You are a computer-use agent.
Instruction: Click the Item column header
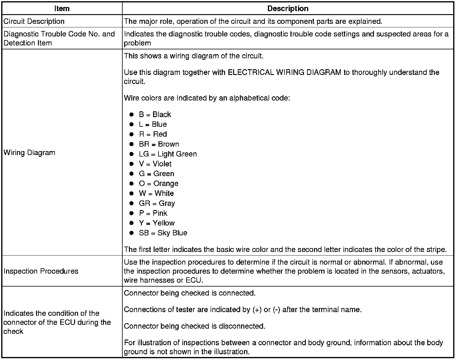click(62, 8)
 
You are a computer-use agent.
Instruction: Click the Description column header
click(288, 8)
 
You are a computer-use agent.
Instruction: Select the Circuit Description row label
click(34, 21)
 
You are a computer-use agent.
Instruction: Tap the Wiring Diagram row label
click(30, 153)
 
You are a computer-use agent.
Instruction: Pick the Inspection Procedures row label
click(41, 271)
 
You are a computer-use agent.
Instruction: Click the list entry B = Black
click(155, 114)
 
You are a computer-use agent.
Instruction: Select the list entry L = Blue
click(153, 124)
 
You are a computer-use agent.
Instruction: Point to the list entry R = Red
click(153, 134)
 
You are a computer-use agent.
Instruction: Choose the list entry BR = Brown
click(159, 144)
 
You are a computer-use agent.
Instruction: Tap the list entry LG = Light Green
click(168, 154)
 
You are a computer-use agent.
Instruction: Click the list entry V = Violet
click(155, 164)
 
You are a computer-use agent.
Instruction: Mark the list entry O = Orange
click(158, 184)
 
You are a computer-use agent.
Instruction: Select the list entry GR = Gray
click(157, 203)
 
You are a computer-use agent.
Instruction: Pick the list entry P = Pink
click(153, 213)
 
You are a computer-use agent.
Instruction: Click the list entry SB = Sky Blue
click(163, 233)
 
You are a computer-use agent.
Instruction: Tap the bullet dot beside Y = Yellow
click(131, 223)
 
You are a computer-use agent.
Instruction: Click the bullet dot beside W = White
click(131, 194)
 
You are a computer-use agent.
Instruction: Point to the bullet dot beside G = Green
click(131, 174)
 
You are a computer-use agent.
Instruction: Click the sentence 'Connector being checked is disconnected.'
click(195, 326)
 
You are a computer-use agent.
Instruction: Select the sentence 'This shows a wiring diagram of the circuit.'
click(194, 56)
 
